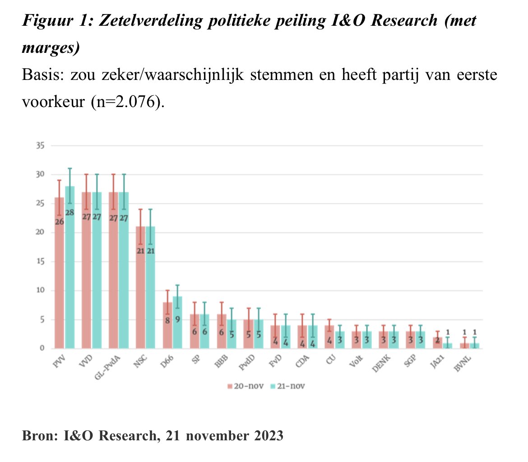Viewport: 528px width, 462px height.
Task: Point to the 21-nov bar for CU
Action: [339, 340]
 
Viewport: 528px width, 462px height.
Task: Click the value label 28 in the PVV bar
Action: [69, 212]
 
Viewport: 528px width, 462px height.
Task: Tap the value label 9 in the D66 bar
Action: [177, 320]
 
